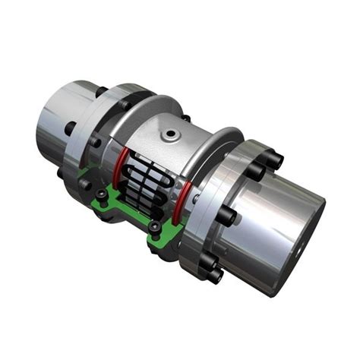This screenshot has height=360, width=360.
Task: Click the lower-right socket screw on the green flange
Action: (x=155, y=227)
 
